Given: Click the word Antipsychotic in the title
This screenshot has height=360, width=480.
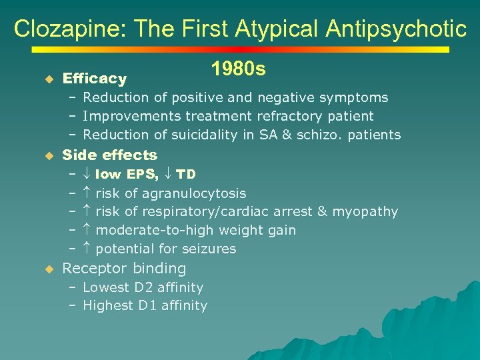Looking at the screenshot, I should point(396,29).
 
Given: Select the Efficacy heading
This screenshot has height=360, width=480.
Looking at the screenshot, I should point(94,79).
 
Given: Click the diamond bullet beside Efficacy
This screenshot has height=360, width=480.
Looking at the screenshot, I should point(48,79).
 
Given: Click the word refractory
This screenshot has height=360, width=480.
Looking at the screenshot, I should point(283,116).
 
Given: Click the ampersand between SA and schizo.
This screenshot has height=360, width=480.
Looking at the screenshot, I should point(287,135).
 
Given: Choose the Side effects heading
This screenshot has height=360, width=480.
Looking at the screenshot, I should point(109,155).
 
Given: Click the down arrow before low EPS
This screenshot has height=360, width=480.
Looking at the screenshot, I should point(87,174).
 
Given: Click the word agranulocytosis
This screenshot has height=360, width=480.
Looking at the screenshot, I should point(203,193).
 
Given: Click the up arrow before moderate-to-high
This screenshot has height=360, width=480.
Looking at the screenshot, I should point(87,230).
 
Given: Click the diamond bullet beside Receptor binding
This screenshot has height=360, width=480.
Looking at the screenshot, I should point(48,269).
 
